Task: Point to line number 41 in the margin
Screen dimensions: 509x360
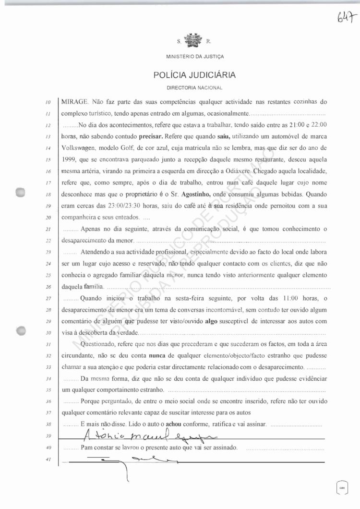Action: click(48, 460)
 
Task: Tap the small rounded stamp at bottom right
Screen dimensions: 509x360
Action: click(341, 488)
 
